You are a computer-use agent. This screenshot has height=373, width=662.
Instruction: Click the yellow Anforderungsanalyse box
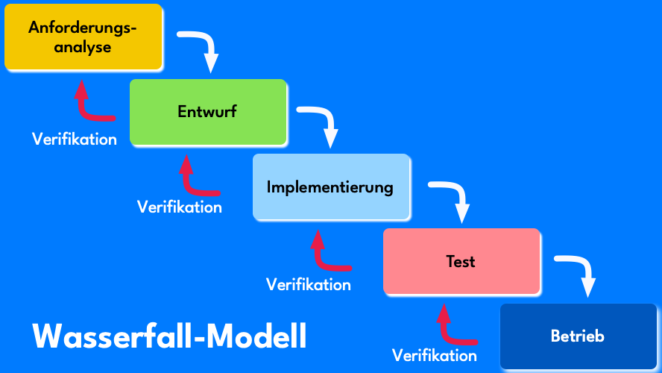(83, 37)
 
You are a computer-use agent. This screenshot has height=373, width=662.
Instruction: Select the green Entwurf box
(208, 112)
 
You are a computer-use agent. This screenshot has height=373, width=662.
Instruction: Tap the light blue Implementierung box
(331, 186)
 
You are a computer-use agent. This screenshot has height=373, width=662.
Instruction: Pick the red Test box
(461, 261)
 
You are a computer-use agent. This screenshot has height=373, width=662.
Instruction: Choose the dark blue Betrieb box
(578, 336)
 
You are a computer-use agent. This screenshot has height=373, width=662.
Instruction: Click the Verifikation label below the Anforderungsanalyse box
(75, 139)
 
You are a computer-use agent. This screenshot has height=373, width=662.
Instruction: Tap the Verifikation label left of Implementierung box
(180, 207)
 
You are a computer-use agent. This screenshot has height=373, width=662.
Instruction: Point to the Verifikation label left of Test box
(309, 284)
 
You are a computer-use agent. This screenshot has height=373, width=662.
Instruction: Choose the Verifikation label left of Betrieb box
(435, 355)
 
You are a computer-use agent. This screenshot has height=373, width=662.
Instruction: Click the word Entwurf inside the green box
(208, 112)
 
